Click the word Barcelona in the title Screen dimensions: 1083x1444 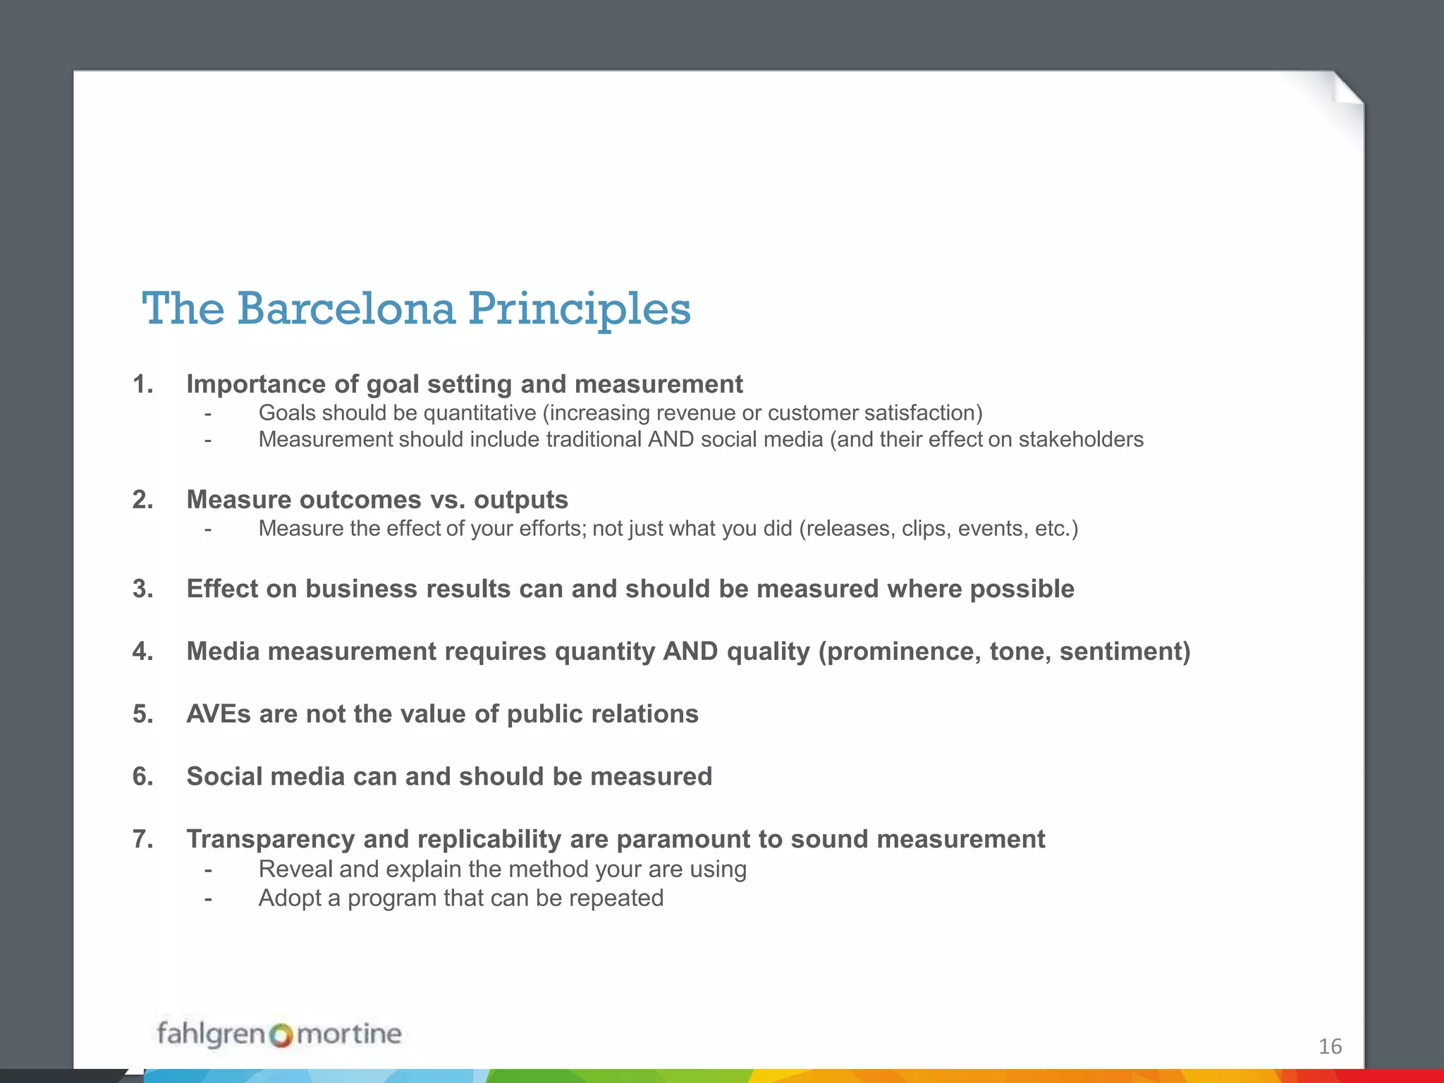pyautogui.click(x=346, y=309)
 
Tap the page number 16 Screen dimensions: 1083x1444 pyautogui.click(x=1330, y=1046)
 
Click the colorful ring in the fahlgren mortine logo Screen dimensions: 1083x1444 pyautogui.click(x=281, y=1036)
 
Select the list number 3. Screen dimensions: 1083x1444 pyautogui.click(x=142, y=589)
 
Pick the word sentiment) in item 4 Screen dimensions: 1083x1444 pyautogui.click(x=1125, y=651)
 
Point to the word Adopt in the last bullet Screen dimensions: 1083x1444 pyautogui.click(x=290, y=898)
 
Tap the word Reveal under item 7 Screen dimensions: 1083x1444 pyautogui.click(x=295, y=869)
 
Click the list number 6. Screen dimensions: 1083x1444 pyautogui.click(x=142, y=776)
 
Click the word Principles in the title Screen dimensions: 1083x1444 pyautogui.click(x=580, y=309)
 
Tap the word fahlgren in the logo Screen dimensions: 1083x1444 pyautogui.click(x=210, y=1034)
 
